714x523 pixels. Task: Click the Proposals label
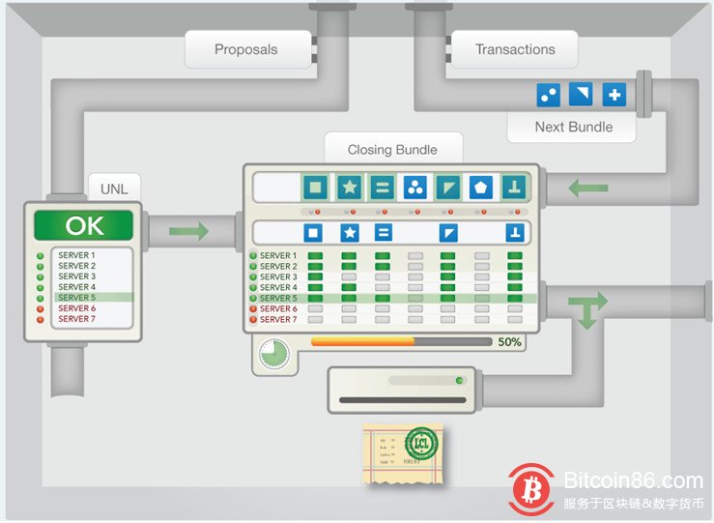[245, 49]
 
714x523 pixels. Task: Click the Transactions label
[515, 49]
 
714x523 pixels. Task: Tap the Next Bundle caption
[573, 127]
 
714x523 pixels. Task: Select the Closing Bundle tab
[392, 150]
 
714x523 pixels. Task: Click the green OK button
[84, 226]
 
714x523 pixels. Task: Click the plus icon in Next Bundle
[614, 95]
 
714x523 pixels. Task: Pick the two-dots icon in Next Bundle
[549, 95]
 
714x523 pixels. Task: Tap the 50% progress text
[509, 342]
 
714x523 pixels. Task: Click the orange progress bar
[362, 341]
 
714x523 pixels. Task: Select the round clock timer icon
[275, 353]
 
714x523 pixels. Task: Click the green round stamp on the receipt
[420, 445]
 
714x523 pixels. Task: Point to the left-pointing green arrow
[588, 188]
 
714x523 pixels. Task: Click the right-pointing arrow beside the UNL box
[188, 231]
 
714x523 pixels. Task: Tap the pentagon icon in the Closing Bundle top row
[480, 187]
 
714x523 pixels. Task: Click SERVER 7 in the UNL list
[76, 319]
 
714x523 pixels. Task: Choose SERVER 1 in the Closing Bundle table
[277, 256]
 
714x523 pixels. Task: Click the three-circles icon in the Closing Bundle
[414, 187]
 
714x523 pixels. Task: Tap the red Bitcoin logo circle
[530, 488]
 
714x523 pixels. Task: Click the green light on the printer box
[459, 380]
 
